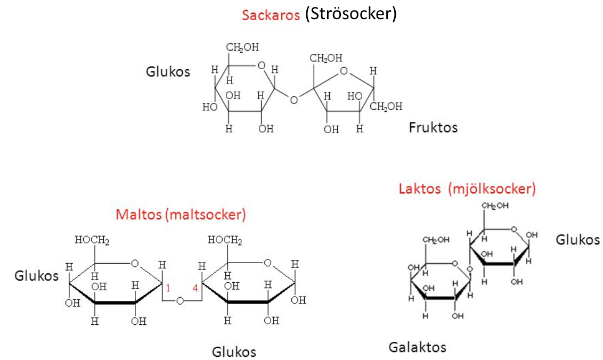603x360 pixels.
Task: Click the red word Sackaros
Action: click(x=271, y=14)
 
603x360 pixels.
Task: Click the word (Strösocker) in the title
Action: click(x=351, y=14)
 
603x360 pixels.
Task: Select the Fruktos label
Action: click(x=433, y=127)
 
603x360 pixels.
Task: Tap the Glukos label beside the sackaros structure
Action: click(x=168, y=71)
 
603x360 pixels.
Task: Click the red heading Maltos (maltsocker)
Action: click(x=181, y=215)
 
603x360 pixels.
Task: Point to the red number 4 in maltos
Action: click(x=195, y=288)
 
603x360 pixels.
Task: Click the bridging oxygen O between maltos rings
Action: click(x=181, y=301)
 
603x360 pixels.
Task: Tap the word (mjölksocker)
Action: click(x=492, y=189)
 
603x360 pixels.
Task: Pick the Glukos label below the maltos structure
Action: click(x=234, y=352)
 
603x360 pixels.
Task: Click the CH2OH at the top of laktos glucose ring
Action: click(x=495, y=206)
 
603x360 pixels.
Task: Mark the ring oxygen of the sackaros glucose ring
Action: click(x=261, y=66)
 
